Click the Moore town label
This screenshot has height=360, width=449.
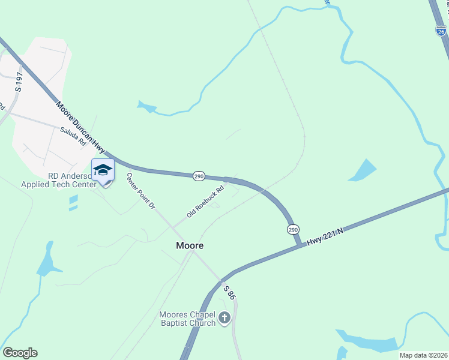click(x=190, y=245)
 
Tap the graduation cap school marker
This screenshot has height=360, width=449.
click(x=103, y=170)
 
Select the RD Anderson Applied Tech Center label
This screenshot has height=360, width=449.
click(x=58, y=181)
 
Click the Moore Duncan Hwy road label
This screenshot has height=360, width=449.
click(x=81, y=127)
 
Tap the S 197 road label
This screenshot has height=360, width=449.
click(x=19, y=81)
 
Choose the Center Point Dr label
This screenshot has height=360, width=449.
click(x=141, y=191)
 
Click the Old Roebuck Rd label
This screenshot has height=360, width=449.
click(x=205, y=202)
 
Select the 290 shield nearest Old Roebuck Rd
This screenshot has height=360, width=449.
click(x=199, y=176)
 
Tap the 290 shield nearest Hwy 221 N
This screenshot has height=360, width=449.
click(x=292, y=229)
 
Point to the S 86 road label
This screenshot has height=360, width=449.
click(x=228, y=292)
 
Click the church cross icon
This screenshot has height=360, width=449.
click(x=224, y=318)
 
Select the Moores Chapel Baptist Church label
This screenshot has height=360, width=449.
click(x=187, y=319)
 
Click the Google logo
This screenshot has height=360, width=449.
click(x=20, y=352)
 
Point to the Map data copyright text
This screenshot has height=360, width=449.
click(x=423, y=355)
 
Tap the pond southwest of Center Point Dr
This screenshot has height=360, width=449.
click(x=46, y=259)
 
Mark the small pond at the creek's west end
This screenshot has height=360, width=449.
click(x=146, y=107)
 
